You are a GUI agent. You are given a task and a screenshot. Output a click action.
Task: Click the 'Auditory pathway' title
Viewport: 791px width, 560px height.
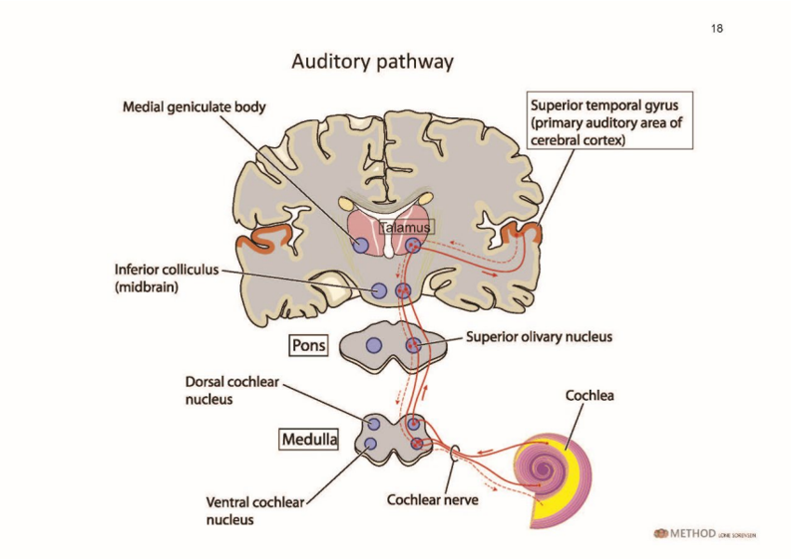[372, 62]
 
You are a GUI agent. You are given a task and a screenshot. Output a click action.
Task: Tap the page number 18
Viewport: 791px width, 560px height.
[717, 29]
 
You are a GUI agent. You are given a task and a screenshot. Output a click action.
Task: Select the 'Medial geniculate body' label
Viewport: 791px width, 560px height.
[194, 107]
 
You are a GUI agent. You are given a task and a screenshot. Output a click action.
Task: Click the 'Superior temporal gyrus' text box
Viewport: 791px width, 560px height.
[610, 121]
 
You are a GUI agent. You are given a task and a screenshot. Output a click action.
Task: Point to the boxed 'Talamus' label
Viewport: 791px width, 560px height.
[406, 227]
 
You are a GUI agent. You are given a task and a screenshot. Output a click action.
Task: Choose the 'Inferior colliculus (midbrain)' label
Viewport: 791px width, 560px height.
[167, 278]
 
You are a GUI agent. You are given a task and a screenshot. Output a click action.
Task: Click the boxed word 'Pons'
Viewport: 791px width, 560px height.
[309, 346]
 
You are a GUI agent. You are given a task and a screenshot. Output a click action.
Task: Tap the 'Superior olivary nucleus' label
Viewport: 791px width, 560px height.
[539, 337]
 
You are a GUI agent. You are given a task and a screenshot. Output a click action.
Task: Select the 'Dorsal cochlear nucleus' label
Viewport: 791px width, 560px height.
[232, 391]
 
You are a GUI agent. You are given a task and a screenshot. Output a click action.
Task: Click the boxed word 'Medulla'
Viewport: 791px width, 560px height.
[309, 439]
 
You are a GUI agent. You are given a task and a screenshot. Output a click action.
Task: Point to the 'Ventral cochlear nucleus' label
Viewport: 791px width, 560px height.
[255, 511]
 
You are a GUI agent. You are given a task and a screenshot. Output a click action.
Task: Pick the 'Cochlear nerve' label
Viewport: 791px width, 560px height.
[433, 500]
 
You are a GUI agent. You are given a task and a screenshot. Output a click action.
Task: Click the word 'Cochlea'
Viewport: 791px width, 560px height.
[589, 395]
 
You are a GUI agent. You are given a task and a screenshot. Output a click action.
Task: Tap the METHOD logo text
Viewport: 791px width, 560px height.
[692, 533]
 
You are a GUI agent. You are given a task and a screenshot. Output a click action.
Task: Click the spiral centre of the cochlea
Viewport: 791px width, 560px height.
[543, 469]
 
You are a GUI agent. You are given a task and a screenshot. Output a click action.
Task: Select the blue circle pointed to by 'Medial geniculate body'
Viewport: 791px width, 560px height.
[361, 246]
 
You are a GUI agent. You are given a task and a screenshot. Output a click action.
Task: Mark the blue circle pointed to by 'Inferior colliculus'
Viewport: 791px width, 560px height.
[379, 290]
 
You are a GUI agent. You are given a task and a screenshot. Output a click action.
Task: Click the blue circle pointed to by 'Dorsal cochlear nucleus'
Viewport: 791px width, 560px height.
[374, 424]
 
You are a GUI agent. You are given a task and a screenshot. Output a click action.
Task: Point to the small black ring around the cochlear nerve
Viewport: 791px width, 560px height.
[454, 453]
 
